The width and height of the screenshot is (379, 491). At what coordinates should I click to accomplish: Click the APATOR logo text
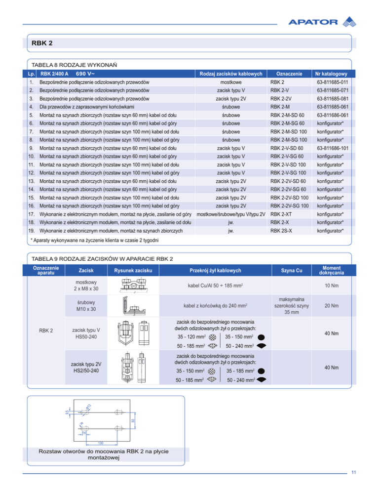312,22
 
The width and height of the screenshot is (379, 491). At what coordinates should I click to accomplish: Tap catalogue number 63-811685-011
333,82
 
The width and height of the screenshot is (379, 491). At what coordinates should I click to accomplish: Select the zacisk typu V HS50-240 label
86,333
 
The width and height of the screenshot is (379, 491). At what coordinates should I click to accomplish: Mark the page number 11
354,472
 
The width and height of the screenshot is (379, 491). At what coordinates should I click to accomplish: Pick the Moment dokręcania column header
332,270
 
